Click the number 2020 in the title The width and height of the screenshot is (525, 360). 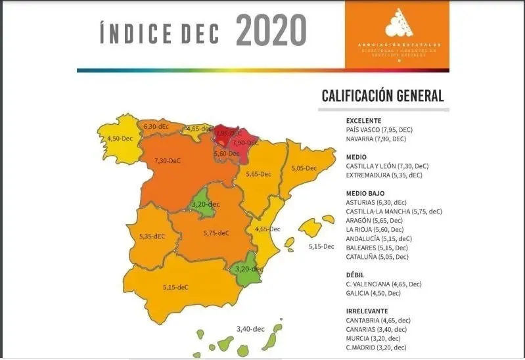tap(271, 31)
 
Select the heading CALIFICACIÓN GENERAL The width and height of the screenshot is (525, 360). tap(382, 96)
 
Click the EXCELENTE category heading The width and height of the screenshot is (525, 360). tap(363, 121)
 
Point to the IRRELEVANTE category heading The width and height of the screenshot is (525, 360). tap(367, 311)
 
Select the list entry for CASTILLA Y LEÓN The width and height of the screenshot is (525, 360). tap(385, 166)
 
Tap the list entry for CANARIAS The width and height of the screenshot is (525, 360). tap(376, 329)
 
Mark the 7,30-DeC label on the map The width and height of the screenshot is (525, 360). tap(167, 161)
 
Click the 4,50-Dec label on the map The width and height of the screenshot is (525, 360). tap(120, 139)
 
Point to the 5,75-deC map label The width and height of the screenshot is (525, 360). tap(216, 233)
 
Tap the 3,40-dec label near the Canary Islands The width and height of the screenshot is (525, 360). tap(250, 328)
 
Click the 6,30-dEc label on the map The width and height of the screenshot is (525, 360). tap(156, 126)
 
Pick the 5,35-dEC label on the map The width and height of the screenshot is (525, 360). tap(152, 236)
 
